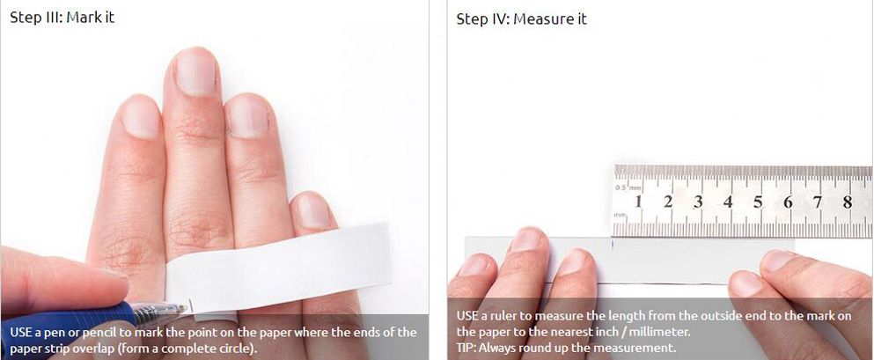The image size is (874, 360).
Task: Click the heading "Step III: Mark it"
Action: pyautogui.click(x=62, y=18)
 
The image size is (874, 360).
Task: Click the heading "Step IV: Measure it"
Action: pyautogui.click(x=521, y=19)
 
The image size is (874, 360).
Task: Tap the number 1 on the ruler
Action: pyautogui.click(x=638, y=202)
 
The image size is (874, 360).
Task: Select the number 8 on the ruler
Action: pyautogui.click(x=848, y=202)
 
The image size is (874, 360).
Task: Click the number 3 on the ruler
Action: pyautogui.click(x=698, y=202)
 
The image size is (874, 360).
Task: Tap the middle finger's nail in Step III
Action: pyautogui.click(x=195, y=71)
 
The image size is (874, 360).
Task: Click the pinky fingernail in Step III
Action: pyautogui.click(x=313, y=210)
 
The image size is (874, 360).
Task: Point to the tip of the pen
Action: pyautogui.click(x=187, y=306)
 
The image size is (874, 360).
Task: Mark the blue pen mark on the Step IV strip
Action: pyautogui.click(x=612, y=244)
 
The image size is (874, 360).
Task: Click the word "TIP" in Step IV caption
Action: pyautogui.click(x=466, y=349)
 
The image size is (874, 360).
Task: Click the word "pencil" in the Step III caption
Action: pyautogui.click(x=98, y=334)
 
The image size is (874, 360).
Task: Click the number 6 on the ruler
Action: pyautogui.click(x=788, y=202)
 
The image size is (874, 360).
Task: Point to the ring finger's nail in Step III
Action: pyautogui.click(x=248, y=116)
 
